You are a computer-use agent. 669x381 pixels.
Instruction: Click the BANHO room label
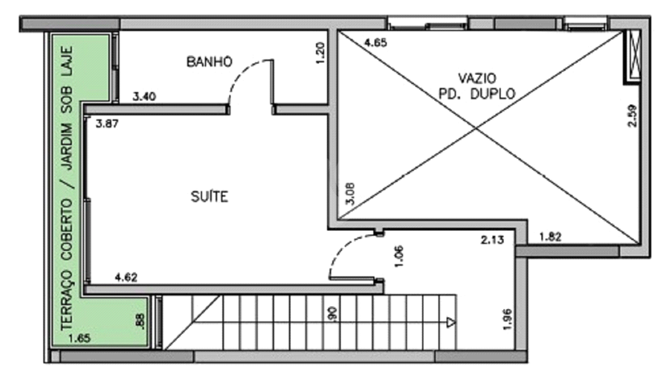pos(210,62)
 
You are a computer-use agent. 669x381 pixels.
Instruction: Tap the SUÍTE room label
pos(210,197)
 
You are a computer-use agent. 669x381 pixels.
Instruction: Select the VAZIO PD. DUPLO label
pos(477,86)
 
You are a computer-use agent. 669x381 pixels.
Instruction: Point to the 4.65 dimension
pos(375,42)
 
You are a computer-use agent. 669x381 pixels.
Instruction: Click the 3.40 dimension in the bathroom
pos(144,97)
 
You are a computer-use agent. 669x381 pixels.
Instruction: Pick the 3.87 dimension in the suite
pos(107,123)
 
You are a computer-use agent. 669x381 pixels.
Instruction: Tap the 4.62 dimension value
pos(126,278)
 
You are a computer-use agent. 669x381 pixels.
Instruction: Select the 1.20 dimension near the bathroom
pos(321,53)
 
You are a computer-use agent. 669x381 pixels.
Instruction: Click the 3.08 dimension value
pos(350,194)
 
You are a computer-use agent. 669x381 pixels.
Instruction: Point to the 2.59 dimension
pos(633,116)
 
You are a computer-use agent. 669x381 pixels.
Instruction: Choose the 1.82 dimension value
pos(550,237)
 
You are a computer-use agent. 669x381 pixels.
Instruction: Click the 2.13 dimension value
pos(492,240)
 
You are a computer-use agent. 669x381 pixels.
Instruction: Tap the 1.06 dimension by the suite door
pos(399,256)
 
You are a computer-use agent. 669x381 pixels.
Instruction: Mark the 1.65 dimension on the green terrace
pos(80,339)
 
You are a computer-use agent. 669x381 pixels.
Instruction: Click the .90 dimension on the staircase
pos(333,314)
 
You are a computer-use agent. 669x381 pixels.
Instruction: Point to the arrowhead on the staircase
pos(451,322)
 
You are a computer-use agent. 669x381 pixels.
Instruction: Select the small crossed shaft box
pos(635,55)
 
